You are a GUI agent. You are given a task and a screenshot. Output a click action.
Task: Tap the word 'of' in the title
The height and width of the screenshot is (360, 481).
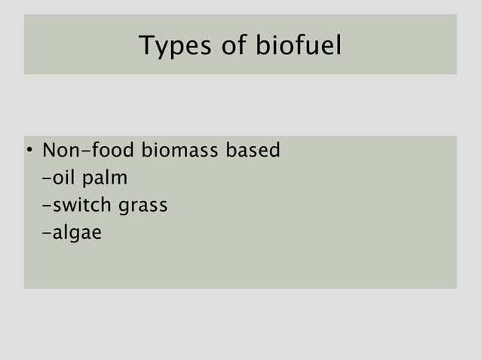230,47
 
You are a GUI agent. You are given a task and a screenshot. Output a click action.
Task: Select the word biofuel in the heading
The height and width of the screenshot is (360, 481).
299,47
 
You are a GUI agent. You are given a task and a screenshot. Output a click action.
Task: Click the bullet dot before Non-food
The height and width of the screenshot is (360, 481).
29,151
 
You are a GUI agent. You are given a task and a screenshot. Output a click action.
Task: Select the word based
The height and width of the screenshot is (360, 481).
253,151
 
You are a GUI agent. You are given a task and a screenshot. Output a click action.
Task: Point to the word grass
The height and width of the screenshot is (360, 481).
143,206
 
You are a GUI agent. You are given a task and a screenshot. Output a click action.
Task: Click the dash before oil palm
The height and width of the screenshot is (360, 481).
48,179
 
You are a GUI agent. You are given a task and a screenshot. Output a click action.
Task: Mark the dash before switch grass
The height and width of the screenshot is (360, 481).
48,206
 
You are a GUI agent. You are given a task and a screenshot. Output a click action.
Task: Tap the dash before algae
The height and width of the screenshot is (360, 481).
48,233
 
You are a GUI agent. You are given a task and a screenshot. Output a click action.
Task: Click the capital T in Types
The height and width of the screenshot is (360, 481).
146,46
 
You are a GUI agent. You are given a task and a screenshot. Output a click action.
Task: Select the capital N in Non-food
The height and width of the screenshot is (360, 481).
50,151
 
